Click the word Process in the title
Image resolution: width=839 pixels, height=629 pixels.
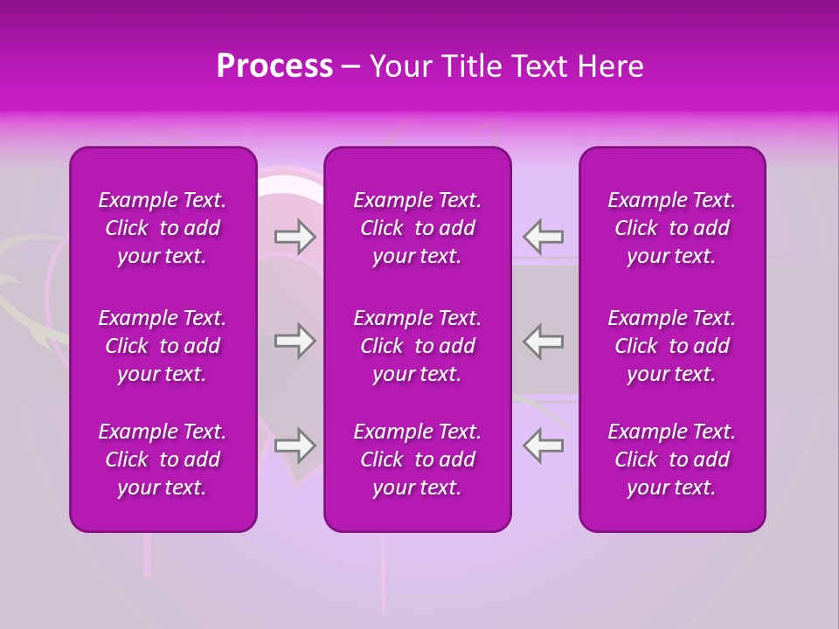pos(274,66)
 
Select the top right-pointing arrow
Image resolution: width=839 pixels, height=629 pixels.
pos(295,237)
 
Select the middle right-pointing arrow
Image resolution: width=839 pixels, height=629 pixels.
pos(295,341)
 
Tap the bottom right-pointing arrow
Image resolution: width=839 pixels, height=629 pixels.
pos(295,446)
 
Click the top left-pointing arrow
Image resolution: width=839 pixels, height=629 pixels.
pos(544,237)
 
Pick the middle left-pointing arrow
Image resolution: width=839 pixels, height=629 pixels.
pos(544,341)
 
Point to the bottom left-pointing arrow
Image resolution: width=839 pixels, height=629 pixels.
pos(544,446)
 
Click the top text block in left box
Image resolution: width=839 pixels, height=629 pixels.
pos(163,228)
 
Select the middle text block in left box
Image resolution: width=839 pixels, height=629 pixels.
pos(163,346)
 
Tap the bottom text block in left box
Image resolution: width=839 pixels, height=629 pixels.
pos(163,460)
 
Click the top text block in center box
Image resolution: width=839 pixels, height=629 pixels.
pos(418,228)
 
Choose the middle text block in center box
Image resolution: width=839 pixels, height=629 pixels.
pos(418,346)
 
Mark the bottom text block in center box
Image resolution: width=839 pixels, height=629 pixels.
pos(418,460)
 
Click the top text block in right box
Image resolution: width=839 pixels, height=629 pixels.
pos(672,228)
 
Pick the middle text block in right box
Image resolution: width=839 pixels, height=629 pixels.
pos(672,346)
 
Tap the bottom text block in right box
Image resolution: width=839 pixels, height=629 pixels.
pos(672,460)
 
